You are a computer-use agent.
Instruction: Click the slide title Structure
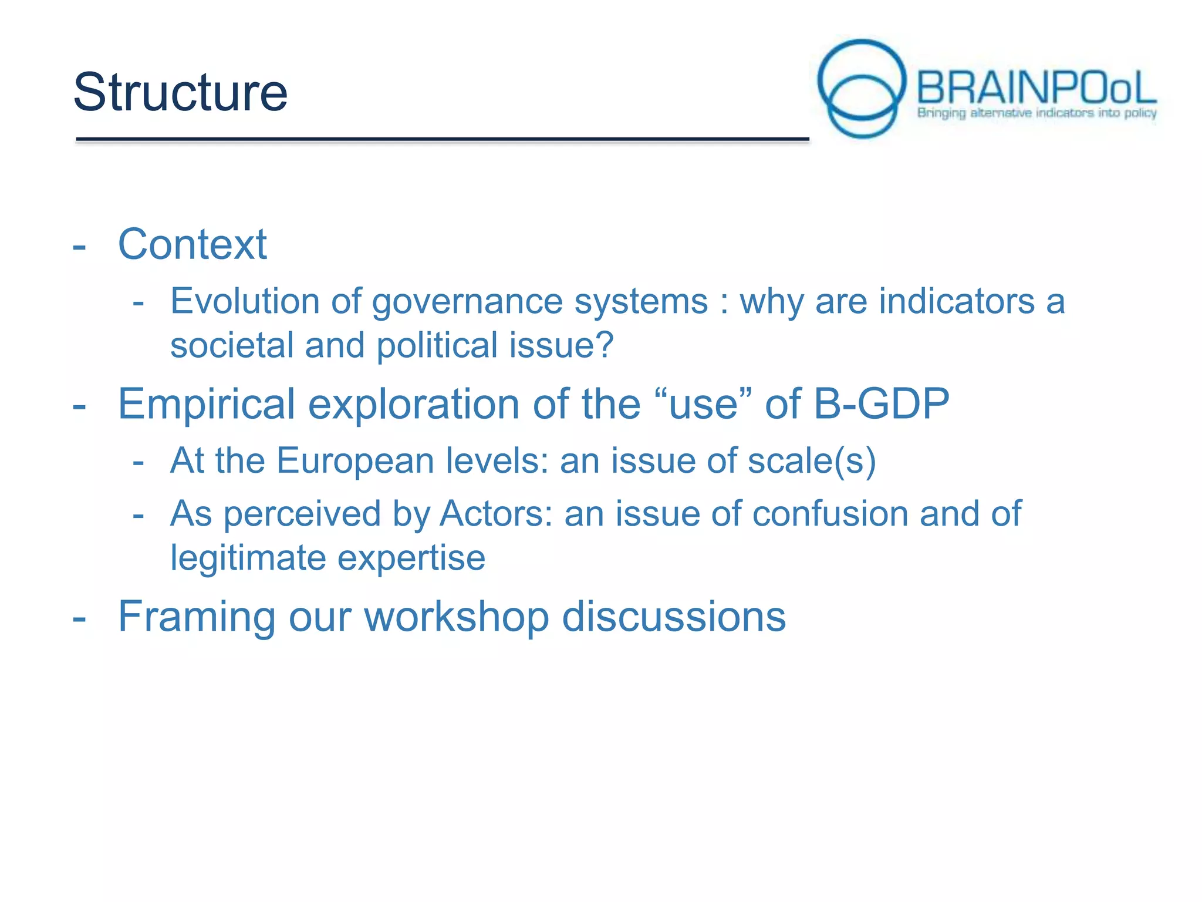coord(180,92)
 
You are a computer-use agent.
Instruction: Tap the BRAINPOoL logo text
coord(1036,88)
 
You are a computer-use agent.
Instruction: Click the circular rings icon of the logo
coord(862,88)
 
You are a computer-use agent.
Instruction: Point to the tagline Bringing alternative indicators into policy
coord(1036,112)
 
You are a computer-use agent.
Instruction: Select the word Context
coord(193,244)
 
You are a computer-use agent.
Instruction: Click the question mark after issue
coord(604,345)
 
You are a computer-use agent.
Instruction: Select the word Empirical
coord(207,405)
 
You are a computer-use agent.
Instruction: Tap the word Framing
coord(197,617)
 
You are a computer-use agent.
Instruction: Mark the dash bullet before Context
coord(79,247)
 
